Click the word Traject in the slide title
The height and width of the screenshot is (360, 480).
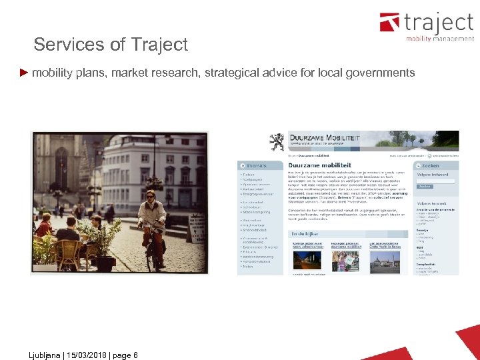click(x=160, y=45)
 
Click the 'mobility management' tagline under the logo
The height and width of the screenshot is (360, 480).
click(x=440, y=39)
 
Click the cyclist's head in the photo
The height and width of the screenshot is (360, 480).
click(x=150, y=196)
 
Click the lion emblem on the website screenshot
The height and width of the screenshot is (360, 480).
click(x=276, y=142)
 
